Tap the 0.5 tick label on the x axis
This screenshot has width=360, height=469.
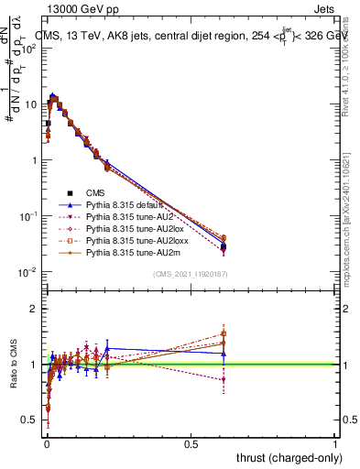tap(191, 444)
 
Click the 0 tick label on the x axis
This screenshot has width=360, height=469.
tap(47, 444)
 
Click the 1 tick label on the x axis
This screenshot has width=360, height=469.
tap(335, 444)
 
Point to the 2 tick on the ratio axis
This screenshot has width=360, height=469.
tap(35, 309)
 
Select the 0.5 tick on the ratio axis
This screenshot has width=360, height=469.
tap(30, 420)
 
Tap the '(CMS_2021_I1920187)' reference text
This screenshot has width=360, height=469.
tap(191, 274)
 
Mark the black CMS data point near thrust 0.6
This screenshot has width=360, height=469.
tap(224, 246)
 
